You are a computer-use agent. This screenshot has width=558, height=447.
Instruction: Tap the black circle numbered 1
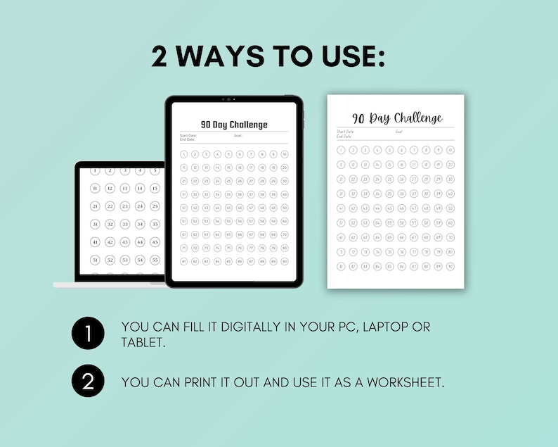[x=87, y=333]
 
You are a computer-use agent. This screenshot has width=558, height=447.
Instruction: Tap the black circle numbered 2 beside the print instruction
[x=87, y=382]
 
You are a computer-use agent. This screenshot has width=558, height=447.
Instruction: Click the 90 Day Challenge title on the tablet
[x=234, y=125]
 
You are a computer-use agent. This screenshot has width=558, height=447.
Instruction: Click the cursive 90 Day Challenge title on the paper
[x=397, y=118]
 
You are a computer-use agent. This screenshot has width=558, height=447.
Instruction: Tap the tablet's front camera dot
[x=228, y=99]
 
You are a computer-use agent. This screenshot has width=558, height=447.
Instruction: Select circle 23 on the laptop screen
[x=125, y=206]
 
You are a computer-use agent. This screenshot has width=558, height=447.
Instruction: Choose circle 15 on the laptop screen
[x=155, y=188]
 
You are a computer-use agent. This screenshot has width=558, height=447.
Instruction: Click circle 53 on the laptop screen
[x=125, y=260]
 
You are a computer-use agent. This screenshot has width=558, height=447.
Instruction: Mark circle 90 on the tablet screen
[x=284, y=261]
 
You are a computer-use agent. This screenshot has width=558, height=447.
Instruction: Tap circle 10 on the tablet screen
[x=284, y=154]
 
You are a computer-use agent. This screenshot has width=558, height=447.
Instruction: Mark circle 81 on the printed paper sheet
[x=341, y=266]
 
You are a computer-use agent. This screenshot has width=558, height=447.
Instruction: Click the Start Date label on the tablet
[x=188, y=135]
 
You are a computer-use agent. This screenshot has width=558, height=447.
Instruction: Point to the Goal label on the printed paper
[x=398, y=131]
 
